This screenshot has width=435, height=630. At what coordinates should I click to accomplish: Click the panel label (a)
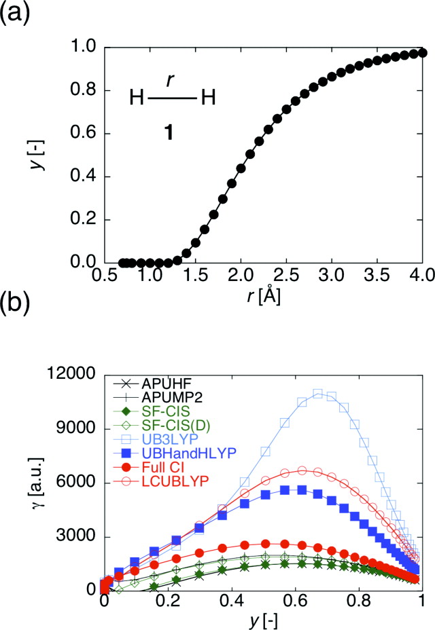click(15, 14)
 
